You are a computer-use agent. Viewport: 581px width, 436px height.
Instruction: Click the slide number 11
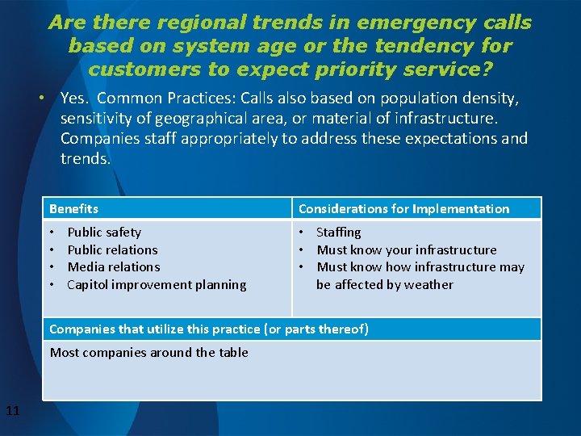(x=12, y=412)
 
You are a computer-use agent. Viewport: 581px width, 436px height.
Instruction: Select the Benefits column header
(x=73, y=209)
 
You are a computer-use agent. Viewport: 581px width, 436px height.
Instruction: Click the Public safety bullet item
(x=103, y=233)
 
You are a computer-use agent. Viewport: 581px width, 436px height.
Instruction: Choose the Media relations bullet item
(x=113, y=267)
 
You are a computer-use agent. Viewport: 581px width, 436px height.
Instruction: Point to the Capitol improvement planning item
(x=157, y=284)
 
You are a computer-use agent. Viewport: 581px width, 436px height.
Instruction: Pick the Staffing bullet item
(x=338, y=233)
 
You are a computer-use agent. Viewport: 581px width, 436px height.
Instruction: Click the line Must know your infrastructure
(x=406, y=250)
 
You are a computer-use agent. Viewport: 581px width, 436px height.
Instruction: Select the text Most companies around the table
(x=148, y=352)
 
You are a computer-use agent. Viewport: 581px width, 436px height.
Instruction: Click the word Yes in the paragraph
(x=73, y=99)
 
